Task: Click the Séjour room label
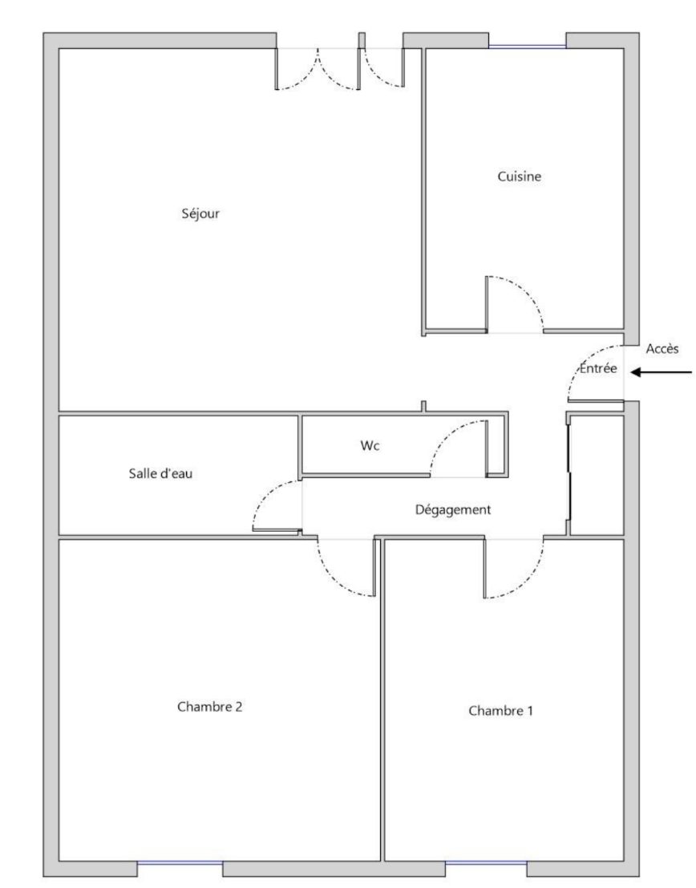(200, 213)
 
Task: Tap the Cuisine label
(520, 176)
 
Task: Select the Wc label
(370, 446)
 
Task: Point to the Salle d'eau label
(160, 473)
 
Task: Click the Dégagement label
(453, 509)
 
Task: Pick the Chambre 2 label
(209, 706)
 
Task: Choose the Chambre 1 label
(500, 710)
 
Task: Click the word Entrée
(598, 368)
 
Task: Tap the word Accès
(662, 349)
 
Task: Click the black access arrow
(662, 372)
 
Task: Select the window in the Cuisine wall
(528, 46)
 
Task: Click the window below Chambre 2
(180, 863)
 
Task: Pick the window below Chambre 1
(486, 863)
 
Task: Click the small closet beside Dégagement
(597, 475)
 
